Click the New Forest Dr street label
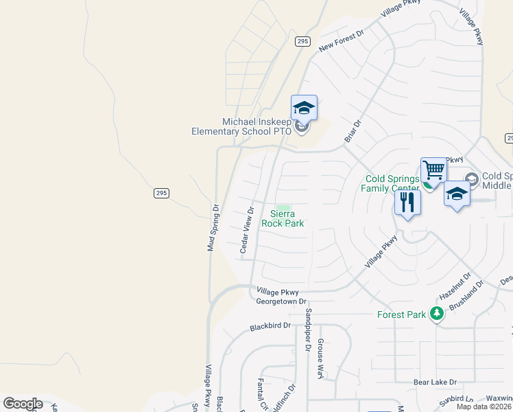click(x=341, y=40)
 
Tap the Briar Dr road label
click(x=352, y=133)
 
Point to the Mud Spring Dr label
click(x=212, y=227)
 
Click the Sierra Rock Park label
click(x=283, y=218)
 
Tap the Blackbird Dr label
click(x=271, y=326)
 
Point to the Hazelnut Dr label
click(x=455, y=285)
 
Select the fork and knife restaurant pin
click(x=407, y=202)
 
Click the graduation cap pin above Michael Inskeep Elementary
click(x=304, y=107)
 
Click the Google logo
click(x=23, y=404)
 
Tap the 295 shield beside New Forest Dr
click(x=303, y=42)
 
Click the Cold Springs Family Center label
click(x=391, y=183)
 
